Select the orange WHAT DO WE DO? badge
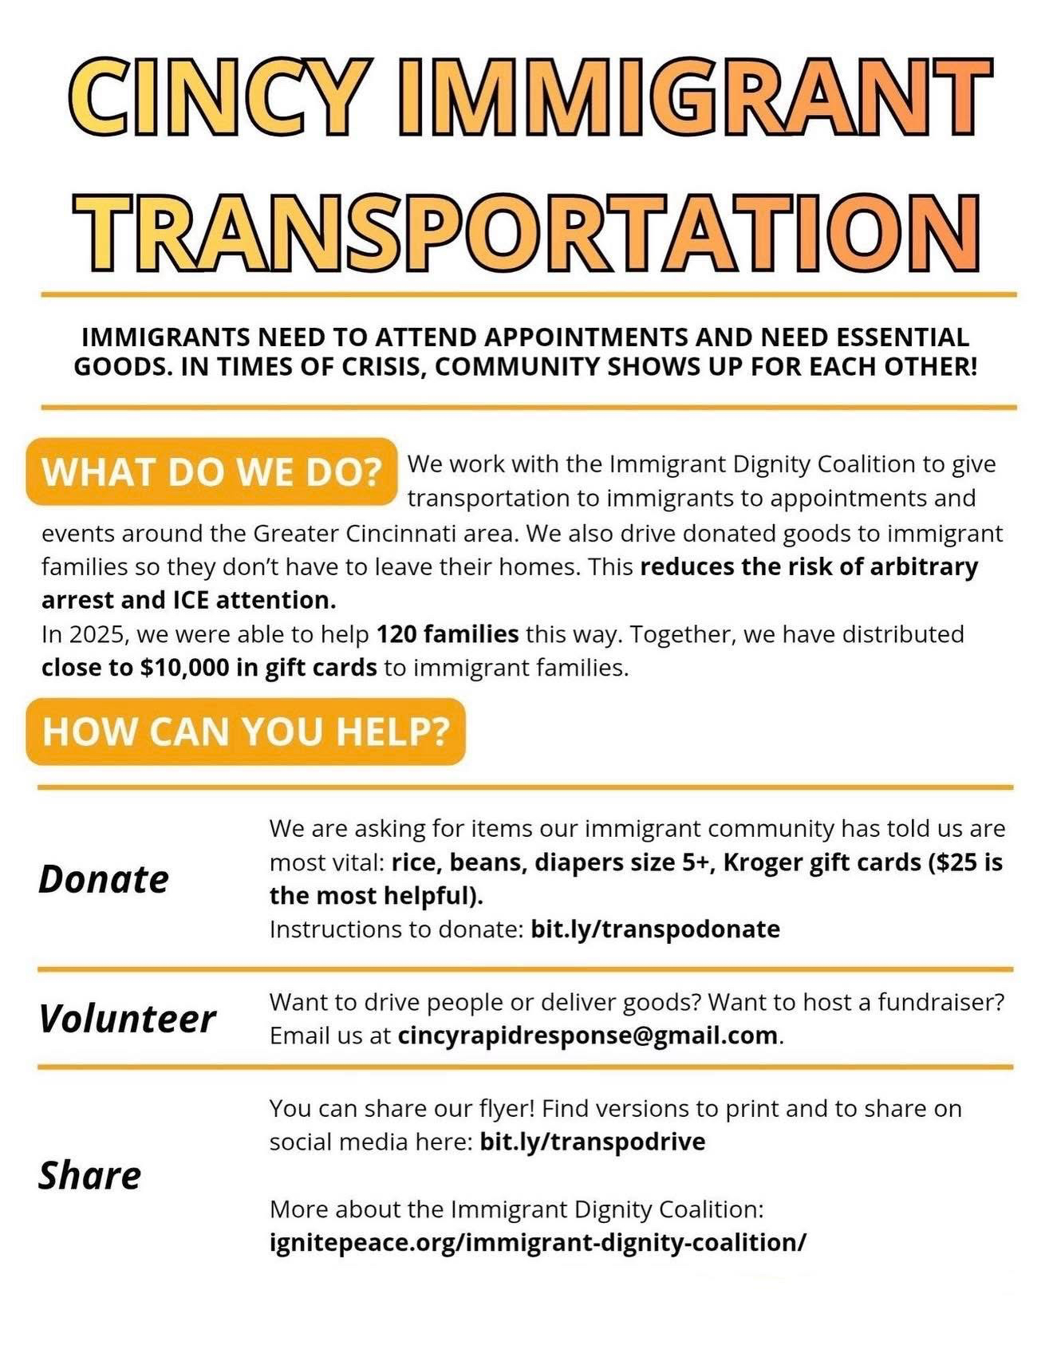pos(211,471)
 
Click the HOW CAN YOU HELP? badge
pos(246,731)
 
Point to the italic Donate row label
pos(104,879)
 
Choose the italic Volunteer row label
pos(127,1019)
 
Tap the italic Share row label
pos(89,1175)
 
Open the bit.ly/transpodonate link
pos(655,929)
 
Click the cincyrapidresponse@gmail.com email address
pos(587,1036)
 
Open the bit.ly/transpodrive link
pos(592,1142)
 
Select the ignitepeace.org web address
pos(538,1242)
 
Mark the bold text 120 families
pos(447,634)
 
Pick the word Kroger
pos(762,862)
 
